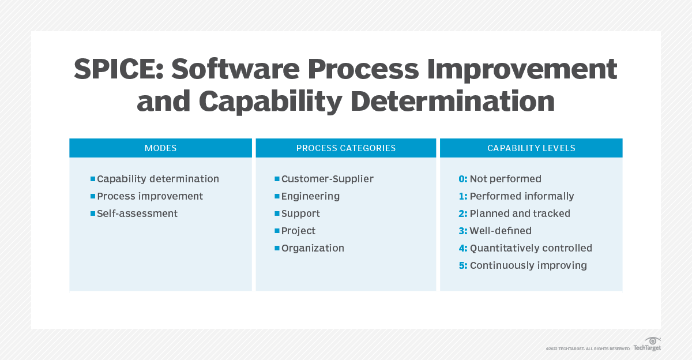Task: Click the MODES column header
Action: click(x=160, y=148)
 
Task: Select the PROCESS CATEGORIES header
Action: click(x=346, y=148)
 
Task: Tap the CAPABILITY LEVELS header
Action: click(x=531, y=148)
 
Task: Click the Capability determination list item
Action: click(x=158, y=179)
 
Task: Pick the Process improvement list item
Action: click(x=150, y=196)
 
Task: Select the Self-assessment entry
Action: click(x=137, y=213)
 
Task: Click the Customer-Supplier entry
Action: click(x=327, y=179)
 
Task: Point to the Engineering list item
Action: click(x=310, y=196)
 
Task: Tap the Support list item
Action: click(x=300, y=213)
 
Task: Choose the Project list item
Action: click(x=298, y=231)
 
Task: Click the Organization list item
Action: click(x=313, y=248)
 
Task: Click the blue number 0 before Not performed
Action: click(x=462, y=179)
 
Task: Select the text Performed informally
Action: click(x=522, y=196)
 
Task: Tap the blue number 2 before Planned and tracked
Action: click(x=462, y=213)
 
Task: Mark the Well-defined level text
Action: click(x=501, y=231)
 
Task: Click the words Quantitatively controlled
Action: click(x=531, y=248)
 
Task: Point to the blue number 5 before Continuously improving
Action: click(x=462, y=265)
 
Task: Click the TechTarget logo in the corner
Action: click(x=647, y=344)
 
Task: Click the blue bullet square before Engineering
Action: click(x=277, y=196)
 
